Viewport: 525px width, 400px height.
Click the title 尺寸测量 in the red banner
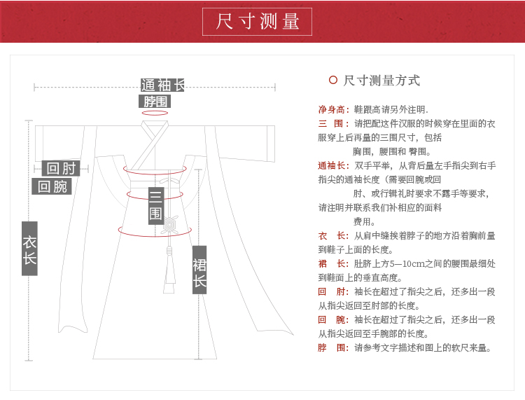tap(258, 22)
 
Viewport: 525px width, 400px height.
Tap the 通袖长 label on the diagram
tap(162, 85)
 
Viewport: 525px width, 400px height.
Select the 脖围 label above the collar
tap(154, 101)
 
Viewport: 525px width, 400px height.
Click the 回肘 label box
tap(61, 168)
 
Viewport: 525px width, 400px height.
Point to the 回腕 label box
tap(52, 186)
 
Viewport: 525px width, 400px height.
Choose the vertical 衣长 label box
tap(29, 249)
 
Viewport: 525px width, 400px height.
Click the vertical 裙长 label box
tap(199, 270)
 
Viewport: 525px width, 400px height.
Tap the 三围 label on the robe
tap(155, 205)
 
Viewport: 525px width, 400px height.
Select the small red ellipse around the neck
tap(155, 113)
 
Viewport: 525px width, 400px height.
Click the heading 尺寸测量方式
tap(381, 81)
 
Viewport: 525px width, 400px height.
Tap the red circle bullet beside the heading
tap(333, 80)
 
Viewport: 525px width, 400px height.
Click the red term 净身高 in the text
tap(332, 110)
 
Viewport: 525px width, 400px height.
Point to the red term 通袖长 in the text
tap(333, 166)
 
